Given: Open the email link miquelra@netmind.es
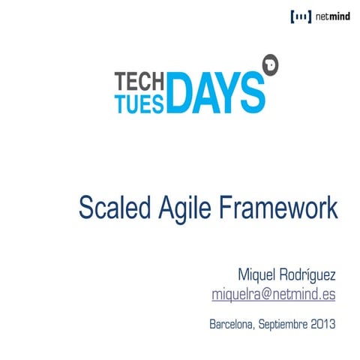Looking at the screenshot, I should point(274,294).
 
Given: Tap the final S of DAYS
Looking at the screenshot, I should point(253,91).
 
